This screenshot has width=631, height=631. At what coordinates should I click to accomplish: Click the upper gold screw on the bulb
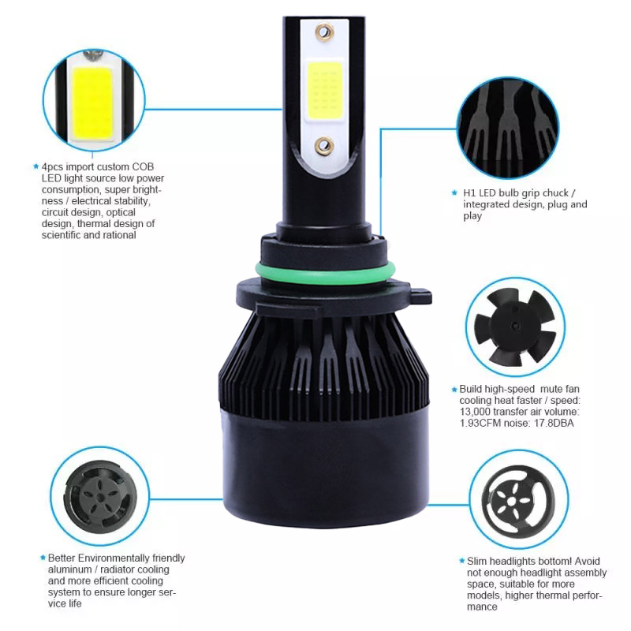pos(325,32)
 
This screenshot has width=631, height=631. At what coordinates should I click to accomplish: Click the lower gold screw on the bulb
pos(324,146)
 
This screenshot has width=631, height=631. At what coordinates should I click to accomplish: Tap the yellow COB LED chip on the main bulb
pos(324,91)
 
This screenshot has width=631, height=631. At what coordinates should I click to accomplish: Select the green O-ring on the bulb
pos(325,274)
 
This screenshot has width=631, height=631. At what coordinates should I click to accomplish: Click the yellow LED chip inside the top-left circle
pos(92,103)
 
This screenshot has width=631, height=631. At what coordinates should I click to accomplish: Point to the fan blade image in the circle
pos(516,327)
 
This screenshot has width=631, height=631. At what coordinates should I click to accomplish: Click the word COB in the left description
pos(143,166)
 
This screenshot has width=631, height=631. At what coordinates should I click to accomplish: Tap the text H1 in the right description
pos(469,193)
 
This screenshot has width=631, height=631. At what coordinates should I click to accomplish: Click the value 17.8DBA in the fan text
pos(554,423)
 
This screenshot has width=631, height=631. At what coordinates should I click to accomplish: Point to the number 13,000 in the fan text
pos(475,412)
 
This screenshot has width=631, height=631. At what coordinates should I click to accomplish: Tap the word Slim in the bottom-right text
pos(477,561)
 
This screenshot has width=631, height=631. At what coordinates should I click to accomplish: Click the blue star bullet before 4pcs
pos(35,166)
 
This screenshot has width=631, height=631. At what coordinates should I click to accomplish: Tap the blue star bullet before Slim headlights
pos(461,561)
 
